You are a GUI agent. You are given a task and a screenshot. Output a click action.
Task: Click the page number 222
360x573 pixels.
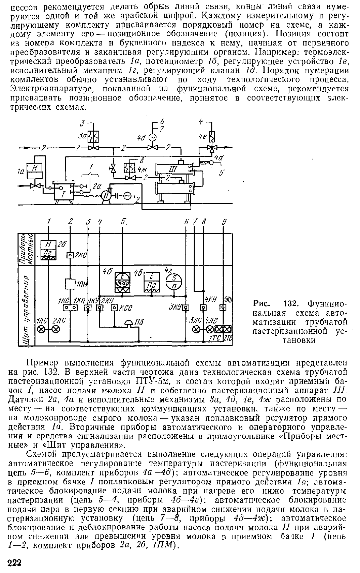pyautogui.click(x=14, y=563)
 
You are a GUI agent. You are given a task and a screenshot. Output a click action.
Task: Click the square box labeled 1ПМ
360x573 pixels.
pyautogui.click(x=70, y=284)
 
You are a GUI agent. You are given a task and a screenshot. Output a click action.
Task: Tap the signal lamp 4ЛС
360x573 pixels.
pyautogui.click(x=210, y=330)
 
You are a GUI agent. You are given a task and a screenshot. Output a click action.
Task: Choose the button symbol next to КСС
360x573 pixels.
pyautogui.click(x=114, y=308)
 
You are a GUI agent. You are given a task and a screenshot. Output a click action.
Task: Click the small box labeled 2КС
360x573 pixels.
pyautogui.click(x=70, y=255)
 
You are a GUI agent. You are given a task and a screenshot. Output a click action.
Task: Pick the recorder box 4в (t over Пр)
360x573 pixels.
pyautogui.click(x=152, y=282)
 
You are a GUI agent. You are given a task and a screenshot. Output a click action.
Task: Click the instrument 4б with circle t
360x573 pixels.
pyautogui.click(x=122, y=282)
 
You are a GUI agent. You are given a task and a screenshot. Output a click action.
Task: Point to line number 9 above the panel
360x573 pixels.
pyautogui.click(x=224, y=222)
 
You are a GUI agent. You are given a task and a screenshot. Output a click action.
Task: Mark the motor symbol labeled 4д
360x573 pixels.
pyautogui.click(x=153, y=138)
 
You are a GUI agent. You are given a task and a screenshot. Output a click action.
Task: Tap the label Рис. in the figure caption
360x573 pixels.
pyautogui.click(x=262, y=304)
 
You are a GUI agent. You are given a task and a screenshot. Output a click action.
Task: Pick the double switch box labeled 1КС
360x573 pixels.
pyautogui.click(x=70, y=308)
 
